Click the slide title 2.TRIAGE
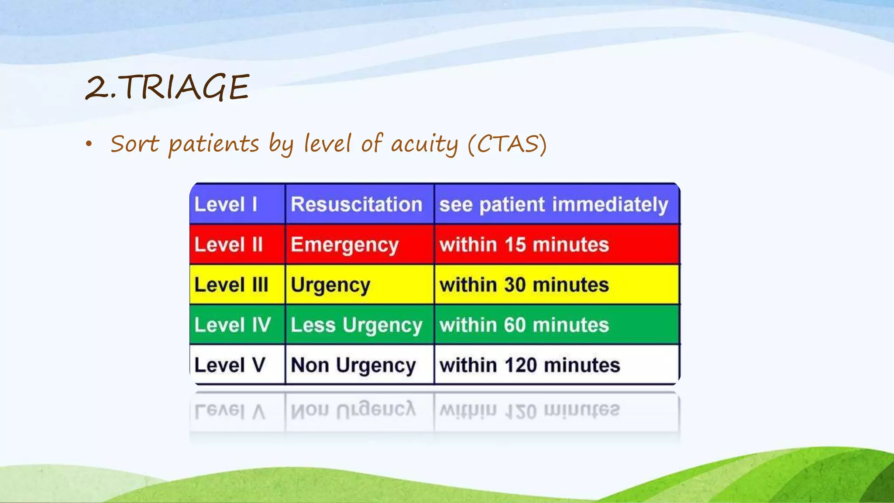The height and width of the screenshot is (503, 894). point(167,87)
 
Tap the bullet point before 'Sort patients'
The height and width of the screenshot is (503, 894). point(89,144)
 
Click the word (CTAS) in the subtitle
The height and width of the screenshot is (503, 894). point(507,144)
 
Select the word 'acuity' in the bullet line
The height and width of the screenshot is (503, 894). point(424,144)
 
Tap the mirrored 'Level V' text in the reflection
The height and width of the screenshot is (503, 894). point(230,411)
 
